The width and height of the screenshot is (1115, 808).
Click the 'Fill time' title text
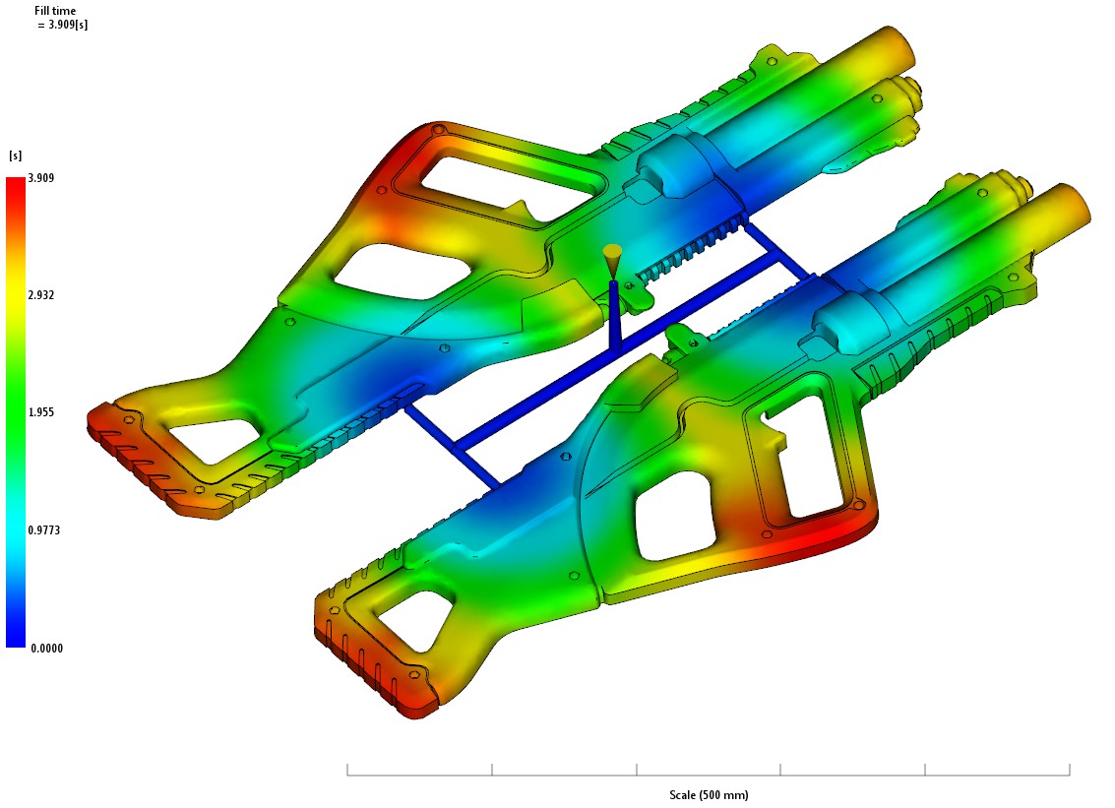coord(55,11)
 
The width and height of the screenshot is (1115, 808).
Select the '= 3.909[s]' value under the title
coord(63,25)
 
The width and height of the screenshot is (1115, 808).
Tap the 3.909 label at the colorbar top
coord(41,178)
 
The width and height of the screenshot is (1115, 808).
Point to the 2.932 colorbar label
coord(41,295)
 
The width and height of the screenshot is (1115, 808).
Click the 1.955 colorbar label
coord(41,412)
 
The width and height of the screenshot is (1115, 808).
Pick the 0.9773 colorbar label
coord(43,530)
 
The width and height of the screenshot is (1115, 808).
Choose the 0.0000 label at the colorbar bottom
coord(47,648)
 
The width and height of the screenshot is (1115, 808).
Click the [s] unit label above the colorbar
coord(15,155)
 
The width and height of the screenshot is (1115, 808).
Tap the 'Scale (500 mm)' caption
coord(709,794)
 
